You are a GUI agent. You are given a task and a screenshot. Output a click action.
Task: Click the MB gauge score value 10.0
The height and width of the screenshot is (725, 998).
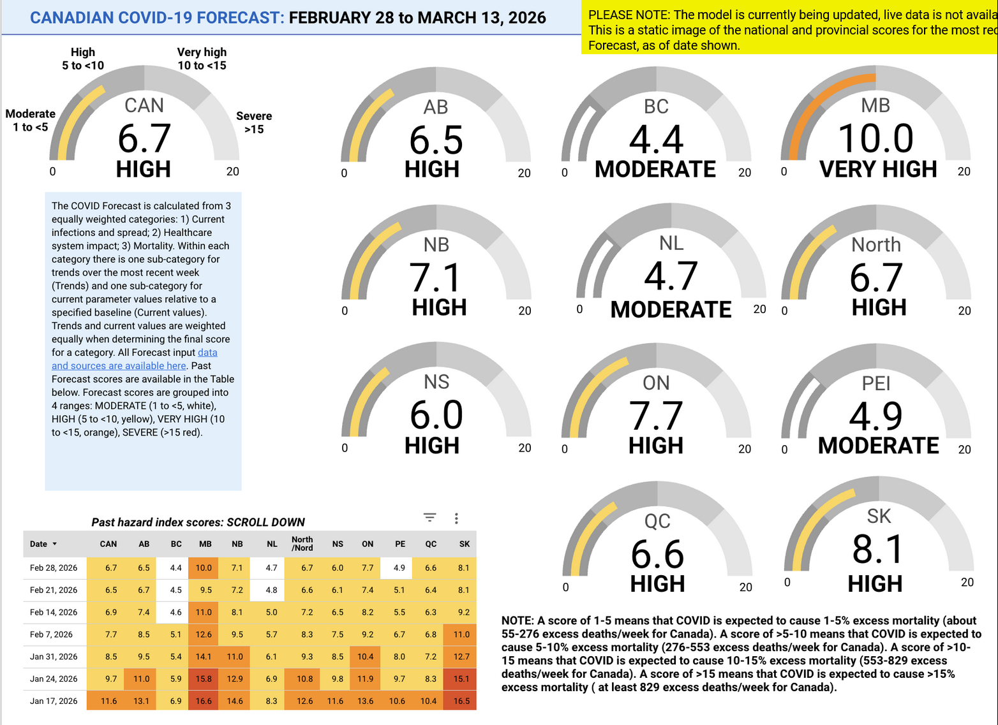coord(875,139)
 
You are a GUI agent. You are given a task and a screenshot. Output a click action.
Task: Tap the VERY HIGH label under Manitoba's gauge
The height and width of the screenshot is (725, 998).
coord(878,170)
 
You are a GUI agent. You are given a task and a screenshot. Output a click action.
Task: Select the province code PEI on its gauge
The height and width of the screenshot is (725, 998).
coord(876,383)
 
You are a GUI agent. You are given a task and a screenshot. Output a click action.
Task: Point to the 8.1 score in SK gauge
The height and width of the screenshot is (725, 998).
coord(878,550)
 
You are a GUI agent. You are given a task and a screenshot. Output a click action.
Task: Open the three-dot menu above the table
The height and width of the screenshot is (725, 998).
coord(456,518)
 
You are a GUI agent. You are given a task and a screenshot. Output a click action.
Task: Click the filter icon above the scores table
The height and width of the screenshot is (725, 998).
coord(430,518)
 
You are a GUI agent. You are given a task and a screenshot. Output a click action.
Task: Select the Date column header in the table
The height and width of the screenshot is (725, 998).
coord(39,544)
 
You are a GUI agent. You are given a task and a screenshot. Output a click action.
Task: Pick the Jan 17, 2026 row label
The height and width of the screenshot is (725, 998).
coord(54,701)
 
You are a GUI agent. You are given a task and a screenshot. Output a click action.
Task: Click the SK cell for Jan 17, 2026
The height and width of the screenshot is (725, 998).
coord(461,701)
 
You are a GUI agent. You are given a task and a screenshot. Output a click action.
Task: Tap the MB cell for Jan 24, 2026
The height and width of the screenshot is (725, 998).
coord(204,678)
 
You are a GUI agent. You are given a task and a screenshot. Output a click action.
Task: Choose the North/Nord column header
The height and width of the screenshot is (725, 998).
coord(302,544)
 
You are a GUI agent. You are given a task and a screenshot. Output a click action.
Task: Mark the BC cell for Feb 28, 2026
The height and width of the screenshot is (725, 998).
coord(175,568)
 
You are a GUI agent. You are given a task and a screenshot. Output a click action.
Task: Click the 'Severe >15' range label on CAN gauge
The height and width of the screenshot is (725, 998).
coord(254,122)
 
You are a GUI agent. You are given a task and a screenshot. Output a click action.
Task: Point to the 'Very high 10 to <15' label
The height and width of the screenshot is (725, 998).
coord(202,59)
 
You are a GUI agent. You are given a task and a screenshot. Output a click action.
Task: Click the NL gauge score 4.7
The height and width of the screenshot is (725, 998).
coord(671,277)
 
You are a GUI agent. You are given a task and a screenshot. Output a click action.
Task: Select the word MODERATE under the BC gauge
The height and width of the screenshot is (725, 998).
coord(655,170)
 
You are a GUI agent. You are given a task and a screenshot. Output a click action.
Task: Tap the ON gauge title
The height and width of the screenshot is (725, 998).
coord(656,383)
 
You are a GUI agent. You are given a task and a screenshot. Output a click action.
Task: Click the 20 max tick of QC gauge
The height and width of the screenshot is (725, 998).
coord(745,587)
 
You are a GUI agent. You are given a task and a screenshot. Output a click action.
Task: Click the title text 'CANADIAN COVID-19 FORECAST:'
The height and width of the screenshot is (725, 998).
coord(157,18)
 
